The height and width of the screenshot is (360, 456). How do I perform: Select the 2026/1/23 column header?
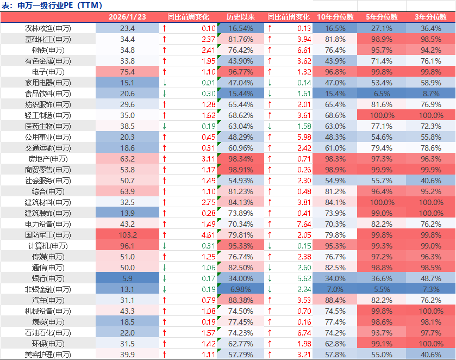pyautogui.click(x=127, y=17)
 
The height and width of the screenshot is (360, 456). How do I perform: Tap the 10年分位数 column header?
pyautogui.click(x=335, y=17)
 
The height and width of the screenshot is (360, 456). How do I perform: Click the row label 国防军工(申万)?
pyautogui.click(x=48, y=235)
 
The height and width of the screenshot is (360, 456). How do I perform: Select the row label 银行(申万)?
pyautogui.click(x=48, y=278)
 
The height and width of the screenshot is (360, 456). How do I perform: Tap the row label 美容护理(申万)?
pyautogui.click(x=48, y=355)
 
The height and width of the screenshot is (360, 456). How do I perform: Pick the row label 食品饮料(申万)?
pyautogui.click(x=48, y=94)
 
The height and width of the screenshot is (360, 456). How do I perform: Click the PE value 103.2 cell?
pyautogui.click(x=127, y=235)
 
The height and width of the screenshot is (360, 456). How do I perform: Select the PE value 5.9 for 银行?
pyautogui.click(x=127, y=278)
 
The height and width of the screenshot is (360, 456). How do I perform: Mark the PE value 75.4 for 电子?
pyautogui.click(x=127, y=72)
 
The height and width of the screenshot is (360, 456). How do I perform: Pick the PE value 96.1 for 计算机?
pyautogui.click(x=127, y=246)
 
